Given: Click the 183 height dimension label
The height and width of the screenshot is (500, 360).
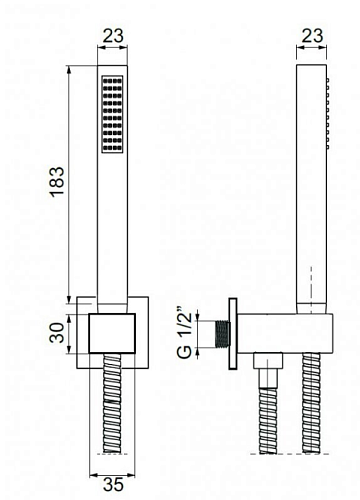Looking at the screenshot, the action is click(57, 182).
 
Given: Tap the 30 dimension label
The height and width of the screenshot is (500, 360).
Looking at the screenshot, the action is click(57, 333).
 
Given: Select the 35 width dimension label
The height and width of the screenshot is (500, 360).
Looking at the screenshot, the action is click(113, 484).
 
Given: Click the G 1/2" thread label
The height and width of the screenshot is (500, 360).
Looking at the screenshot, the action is click(185, 335).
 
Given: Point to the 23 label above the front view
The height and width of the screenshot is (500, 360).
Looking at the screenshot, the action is click(113, 36).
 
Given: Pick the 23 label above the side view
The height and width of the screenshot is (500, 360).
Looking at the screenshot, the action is click(312, 36).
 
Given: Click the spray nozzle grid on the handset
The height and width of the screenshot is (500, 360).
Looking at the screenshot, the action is click(112, 114).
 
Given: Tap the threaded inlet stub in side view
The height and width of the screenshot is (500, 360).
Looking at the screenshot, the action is click(223, 334).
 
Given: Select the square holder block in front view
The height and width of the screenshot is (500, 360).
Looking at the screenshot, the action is click(112, 333).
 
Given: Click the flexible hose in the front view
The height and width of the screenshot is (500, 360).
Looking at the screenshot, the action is click(112, 403).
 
